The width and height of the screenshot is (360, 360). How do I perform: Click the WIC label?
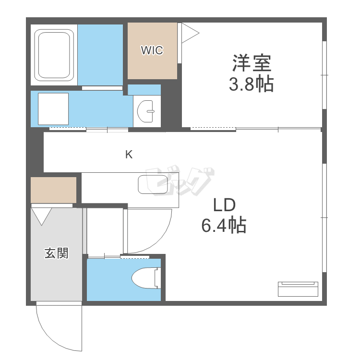click(152, 50)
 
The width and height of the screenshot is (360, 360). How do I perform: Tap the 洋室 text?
click(252, 63)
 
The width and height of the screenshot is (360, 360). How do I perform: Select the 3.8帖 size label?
click(251, 84)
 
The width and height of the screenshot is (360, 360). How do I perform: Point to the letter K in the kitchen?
click(129, 155)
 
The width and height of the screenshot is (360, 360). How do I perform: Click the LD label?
click(224, 205)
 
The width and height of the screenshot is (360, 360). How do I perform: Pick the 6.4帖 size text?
click(224, 225)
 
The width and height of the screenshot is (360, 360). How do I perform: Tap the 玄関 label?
click(57, 253)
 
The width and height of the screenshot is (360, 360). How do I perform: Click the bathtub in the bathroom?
click(54, 55)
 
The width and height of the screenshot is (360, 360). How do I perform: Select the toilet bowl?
click(146, 278)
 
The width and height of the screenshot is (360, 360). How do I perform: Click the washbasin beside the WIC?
click(145, 111)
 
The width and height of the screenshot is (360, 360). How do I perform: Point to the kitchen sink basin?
click(153, 184)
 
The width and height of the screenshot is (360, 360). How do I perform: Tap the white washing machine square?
click(53, 109)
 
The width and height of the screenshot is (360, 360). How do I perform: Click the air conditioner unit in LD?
click(298, 289)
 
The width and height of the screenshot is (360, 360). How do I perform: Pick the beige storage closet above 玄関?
click(53, 190)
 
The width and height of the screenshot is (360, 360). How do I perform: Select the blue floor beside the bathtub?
click(100, 55)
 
